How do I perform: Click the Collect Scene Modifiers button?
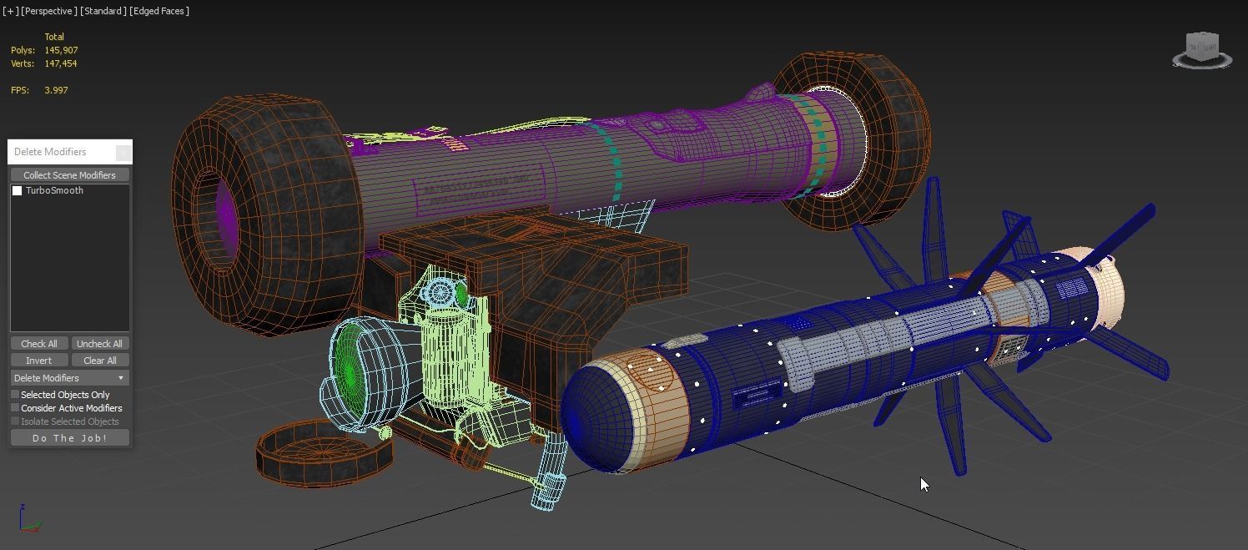coord(69,175)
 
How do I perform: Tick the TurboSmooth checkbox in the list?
coord(17,191)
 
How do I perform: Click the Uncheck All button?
coord(99,344)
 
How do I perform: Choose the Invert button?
coord(38,361)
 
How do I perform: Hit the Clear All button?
coord(99,361)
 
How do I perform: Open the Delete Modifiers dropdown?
coord(69,378)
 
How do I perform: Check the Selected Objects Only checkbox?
coord(15,395)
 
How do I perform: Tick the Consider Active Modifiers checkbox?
coord(15,408)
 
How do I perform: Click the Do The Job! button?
coord(69,438)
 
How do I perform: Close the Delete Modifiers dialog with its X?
coord(123,152)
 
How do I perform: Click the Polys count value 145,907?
coord(61,50)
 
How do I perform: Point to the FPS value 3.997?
coord(56,90)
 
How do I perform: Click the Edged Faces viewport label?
coord(159,11)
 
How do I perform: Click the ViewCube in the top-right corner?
coord(1202,49)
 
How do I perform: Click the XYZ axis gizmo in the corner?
coord(28,519)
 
